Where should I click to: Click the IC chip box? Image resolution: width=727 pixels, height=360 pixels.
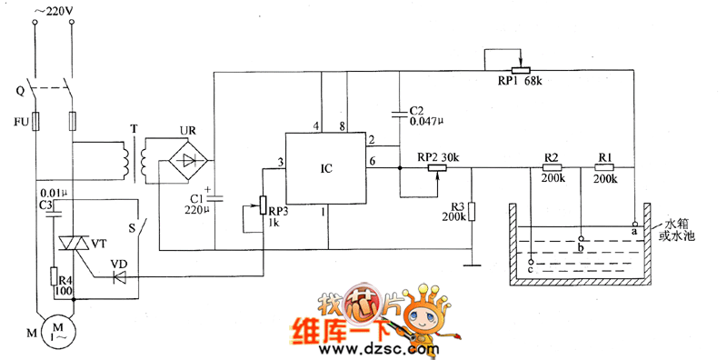click(x=328, y=169)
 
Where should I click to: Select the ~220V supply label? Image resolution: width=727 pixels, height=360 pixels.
click(x=54, y=12)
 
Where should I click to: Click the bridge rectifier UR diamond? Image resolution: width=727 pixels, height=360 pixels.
click(x=185, y=162)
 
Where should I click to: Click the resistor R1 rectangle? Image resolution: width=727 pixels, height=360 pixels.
click(x=604, y=168)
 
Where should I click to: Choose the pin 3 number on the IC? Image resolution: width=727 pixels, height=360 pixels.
click(x=281, y=162)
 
